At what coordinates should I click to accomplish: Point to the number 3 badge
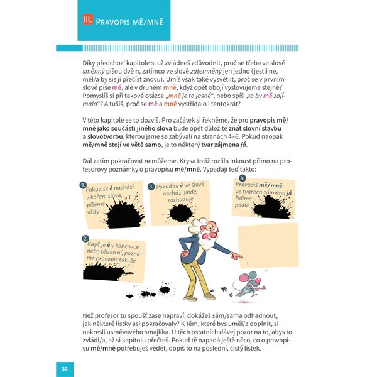click(x=151, y=187)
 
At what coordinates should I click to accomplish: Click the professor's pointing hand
click(x=236, y=256)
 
